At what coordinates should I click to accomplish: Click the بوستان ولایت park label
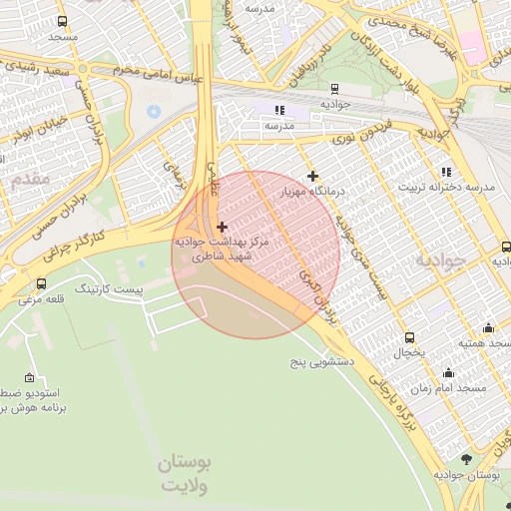(x=186, y=476)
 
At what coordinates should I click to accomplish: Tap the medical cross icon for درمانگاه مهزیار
(x=312, y=176)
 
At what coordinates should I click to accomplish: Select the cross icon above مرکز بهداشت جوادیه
(x=222, y=228)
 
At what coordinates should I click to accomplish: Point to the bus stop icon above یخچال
(x=409, y=336)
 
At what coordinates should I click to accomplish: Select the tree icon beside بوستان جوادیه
(x=467, y=459)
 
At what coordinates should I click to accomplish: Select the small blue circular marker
(x=153, y=111)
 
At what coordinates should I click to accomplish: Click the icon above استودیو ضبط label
(x=28, y=377)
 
